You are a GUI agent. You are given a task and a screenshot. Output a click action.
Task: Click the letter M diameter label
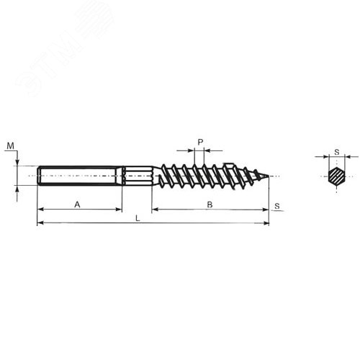coord(10,146)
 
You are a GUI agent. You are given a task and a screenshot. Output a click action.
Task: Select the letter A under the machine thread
coord(77,204)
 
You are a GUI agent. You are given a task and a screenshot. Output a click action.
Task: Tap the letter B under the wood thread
coord(210,204)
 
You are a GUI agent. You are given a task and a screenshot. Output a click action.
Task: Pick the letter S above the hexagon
coord(336,151)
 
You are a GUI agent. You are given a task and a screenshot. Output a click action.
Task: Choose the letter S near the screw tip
coord(277,206)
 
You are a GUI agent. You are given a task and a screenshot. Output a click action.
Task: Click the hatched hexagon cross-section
coord(336,176)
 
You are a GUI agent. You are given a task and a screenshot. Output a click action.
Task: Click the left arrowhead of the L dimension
coord(40,223)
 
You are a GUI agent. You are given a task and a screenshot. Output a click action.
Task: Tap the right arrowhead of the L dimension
coord(266,223)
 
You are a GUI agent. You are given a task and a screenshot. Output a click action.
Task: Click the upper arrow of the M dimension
coord(17,163)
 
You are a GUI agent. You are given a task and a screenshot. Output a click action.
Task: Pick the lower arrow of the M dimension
coord(17,188)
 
